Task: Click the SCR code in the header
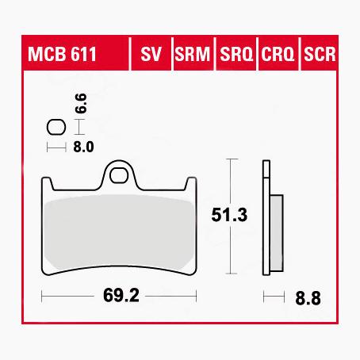click(320, 56)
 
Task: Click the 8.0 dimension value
click(84, 147)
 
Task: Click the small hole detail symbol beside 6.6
click(56, 127)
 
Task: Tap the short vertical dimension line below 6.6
click(78, 127)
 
